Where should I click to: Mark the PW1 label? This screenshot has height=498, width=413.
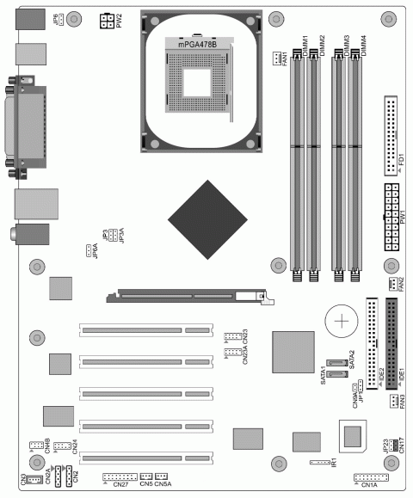pos(403,215)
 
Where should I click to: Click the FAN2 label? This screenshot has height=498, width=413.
pos(402,283)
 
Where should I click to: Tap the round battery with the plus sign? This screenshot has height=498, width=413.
pos(342,323)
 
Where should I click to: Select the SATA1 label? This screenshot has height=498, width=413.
pos(324,375)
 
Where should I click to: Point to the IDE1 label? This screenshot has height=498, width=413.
pos(403,375)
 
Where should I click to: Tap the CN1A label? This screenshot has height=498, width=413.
pos(370,485)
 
